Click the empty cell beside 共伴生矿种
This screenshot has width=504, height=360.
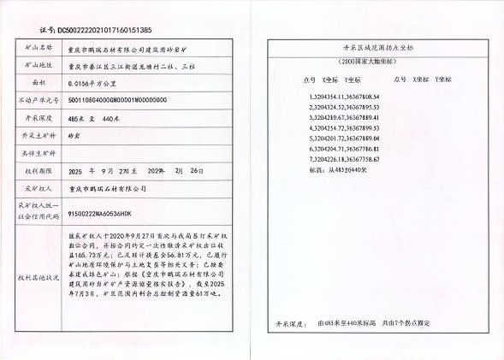tap(145, 153)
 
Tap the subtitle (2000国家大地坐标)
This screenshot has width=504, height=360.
tap(366, 62)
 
